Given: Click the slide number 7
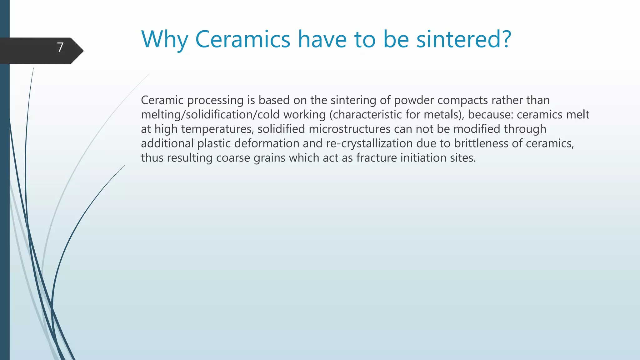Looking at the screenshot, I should pyautogui.click(x=60, y=47).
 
